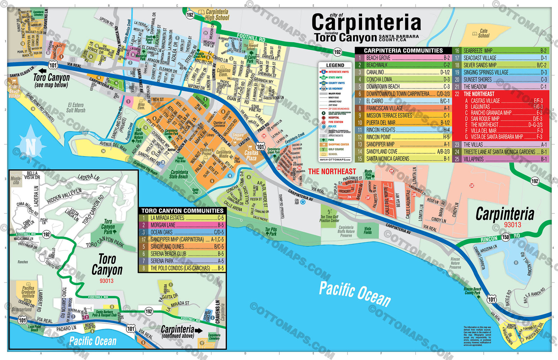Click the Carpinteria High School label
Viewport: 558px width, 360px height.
pos(217,15)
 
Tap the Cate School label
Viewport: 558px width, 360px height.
pos(483,33)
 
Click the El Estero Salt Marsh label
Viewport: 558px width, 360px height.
pos(76,107)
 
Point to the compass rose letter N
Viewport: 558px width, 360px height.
pos(31,147)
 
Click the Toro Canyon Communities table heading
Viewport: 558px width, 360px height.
pos(182,211)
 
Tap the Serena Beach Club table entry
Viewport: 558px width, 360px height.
pos(181,254)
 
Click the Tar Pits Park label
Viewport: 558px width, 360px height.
pos(271,232)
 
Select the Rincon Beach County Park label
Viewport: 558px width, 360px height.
pos(473,291)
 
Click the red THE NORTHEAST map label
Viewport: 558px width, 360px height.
pos(332,171)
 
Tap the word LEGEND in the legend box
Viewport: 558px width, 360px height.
pos(335,65)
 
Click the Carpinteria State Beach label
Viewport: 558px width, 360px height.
pos(179,174)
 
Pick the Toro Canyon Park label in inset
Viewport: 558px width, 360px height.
pos(108,227)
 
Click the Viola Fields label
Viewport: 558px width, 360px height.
pos(368,230)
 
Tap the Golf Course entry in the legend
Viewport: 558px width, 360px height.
pos(335,149)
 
